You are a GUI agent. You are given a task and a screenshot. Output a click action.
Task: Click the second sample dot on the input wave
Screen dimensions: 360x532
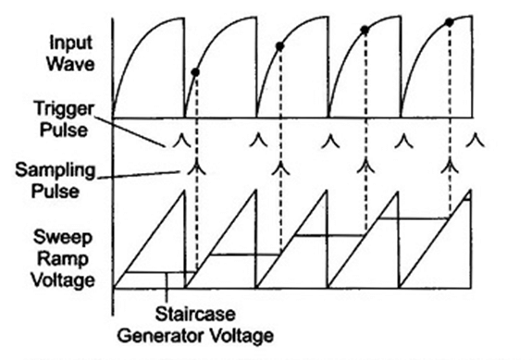tap(279, 45)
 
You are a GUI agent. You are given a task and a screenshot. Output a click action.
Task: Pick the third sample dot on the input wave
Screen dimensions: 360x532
tap(365, 30)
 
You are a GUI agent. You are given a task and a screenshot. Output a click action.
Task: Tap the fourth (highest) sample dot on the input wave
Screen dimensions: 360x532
tap(450, 20)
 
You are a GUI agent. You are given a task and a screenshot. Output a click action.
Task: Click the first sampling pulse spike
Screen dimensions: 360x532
tap(195, 168)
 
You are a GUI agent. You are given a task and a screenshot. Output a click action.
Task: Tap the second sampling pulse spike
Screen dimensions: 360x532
tap(279, 168)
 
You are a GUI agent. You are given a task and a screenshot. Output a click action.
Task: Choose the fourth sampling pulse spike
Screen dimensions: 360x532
tap(450, 168)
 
